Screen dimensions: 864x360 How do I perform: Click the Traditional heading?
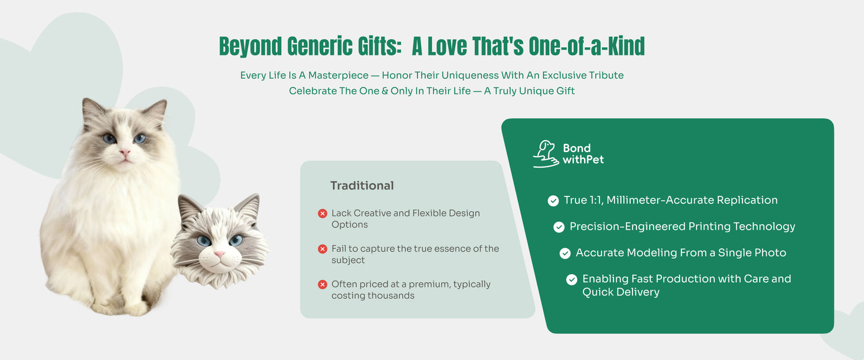362,185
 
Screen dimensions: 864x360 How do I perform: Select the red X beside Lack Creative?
323,213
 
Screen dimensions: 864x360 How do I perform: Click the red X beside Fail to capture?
323,249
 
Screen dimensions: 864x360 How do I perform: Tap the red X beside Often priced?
323,285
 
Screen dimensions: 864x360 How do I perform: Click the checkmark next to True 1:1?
553,200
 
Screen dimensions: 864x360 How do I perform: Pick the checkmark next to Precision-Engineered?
559,227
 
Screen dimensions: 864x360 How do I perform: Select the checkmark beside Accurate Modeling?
565,253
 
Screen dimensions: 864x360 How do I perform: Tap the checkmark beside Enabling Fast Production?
571,279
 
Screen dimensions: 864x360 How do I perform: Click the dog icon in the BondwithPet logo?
546,154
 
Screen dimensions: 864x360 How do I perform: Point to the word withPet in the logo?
583,160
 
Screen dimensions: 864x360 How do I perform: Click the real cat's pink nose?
124,153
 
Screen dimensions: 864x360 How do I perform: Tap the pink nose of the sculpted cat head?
219,254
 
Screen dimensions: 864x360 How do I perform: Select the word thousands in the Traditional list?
391,295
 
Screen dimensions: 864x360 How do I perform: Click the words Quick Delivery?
620,292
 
